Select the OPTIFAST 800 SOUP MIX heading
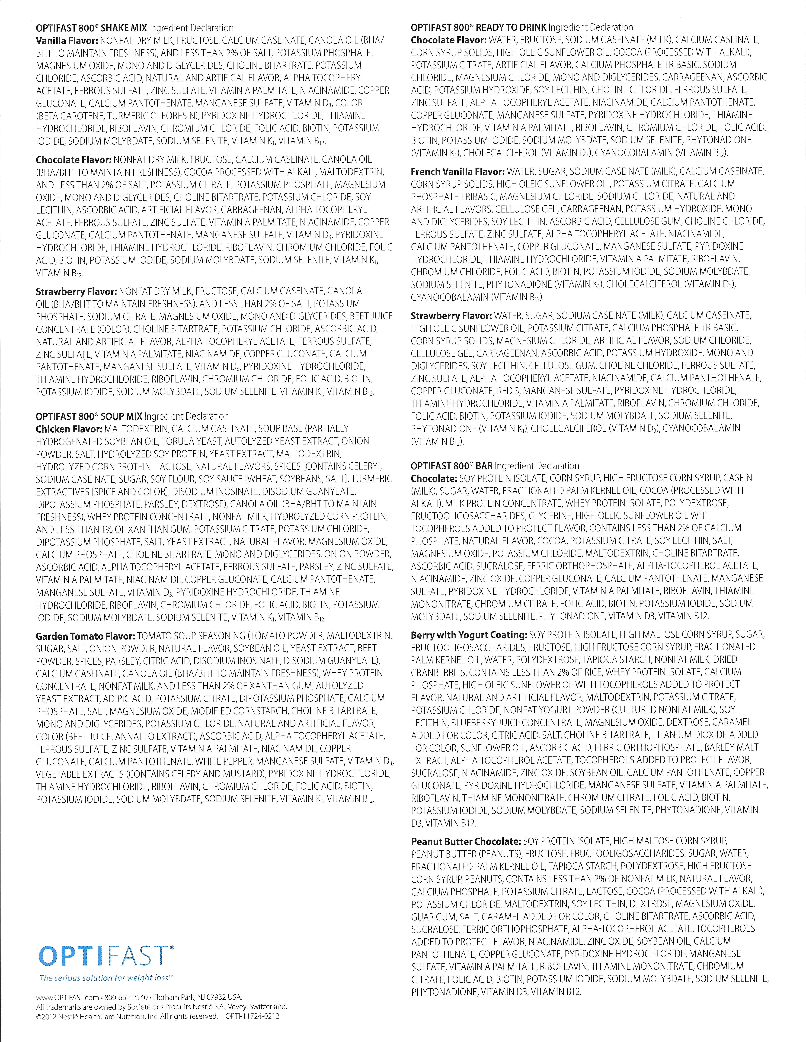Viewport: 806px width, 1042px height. (89, 416)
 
